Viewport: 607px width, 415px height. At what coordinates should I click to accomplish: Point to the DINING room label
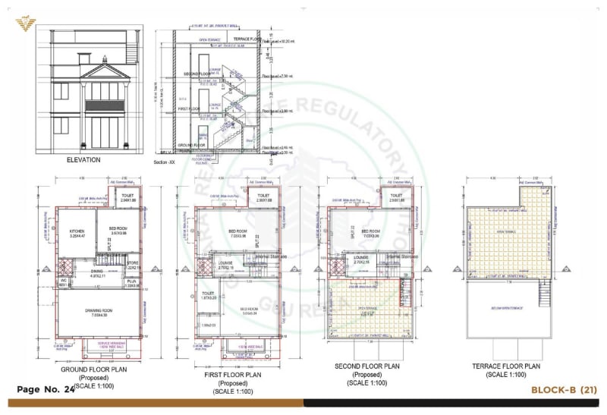(x=96, y=272)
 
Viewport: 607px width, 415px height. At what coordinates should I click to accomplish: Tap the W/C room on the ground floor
(x=64, y=281)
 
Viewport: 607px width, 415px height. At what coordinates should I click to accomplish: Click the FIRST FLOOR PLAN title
(x=233, y=374)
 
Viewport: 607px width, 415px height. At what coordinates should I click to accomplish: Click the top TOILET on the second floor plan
(x=396, y=195)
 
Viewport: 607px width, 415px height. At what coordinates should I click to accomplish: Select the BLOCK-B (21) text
(x=565, y=390)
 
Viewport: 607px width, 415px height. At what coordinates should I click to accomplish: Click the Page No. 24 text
(x=45, y=389)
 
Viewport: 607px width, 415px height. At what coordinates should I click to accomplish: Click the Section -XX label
(x=165, y=162)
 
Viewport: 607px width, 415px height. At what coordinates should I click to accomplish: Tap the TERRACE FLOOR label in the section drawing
(x=247, y=39)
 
